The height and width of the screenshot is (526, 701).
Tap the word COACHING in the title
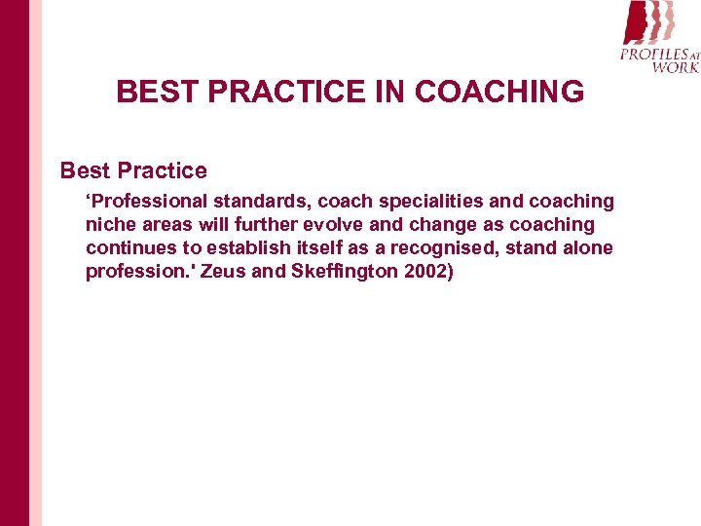point(499,93)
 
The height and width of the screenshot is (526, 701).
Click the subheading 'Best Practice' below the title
point(133,171)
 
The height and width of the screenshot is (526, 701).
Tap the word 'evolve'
point(348,225)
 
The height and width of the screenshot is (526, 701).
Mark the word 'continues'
point(130,248)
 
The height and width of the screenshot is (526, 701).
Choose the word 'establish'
point(245,248)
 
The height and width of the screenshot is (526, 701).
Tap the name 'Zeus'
point(224,272)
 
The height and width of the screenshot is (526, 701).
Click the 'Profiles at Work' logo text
point(659,59)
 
